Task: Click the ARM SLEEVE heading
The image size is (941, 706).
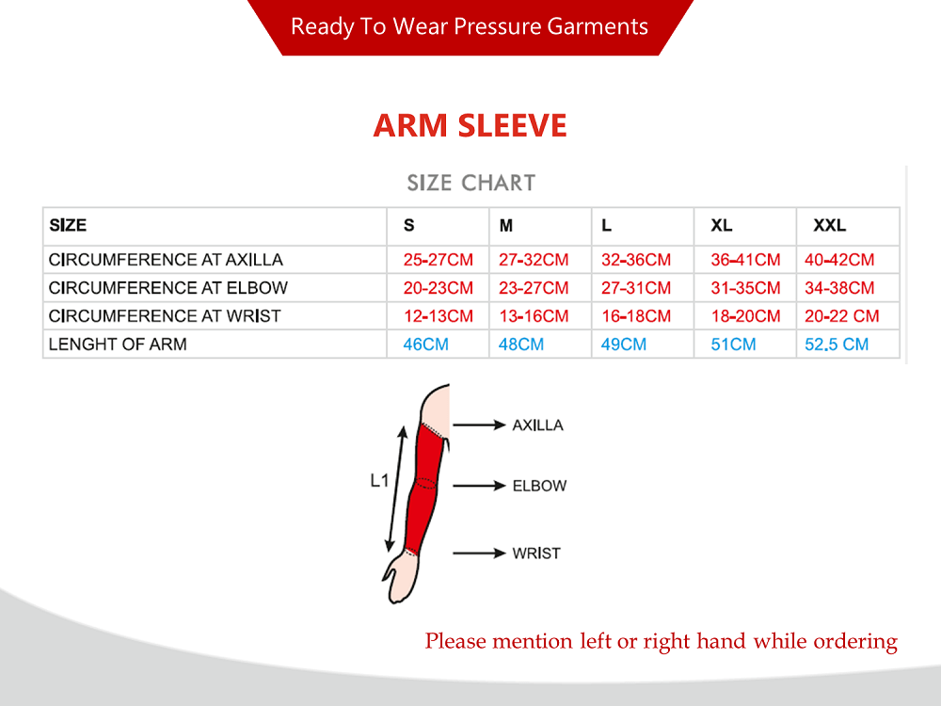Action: tap(470, 125)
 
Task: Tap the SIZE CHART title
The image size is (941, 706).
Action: tap(471, 183)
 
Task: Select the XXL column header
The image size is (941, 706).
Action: tap(829, 225)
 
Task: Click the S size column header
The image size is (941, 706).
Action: tap(408, 225)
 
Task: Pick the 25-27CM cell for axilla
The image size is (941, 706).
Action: tap(439, 260)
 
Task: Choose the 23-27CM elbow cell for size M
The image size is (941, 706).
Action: tap(534, 288)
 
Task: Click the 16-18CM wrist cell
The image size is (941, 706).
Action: tap(636, 316)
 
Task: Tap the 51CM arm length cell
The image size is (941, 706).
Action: tap(733, 345)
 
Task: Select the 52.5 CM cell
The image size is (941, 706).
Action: tap(837, 345)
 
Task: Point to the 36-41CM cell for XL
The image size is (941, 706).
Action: tap(745, 260)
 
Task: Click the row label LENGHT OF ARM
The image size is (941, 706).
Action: tap(118, 345)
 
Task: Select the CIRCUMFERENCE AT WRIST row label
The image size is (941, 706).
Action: tap(165, 316)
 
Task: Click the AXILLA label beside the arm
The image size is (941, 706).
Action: tap(537, 425)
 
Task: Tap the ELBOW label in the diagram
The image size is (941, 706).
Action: tap(539, 486)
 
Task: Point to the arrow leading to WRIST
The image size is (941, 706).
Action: tap(480, 553)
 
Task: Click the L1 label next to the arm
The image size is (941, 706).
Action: tap(379, 480)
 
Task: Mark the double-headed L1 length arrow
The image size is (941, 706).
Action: tap(396, 489)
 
